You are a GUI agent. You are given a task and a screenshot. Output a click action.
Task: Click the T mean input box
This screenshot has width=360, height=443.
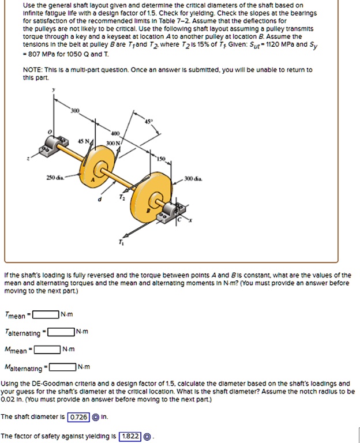click(46, 314)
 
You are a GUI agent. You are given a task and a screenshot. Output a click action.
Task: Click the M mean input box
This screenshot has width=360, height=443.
click(47, 349)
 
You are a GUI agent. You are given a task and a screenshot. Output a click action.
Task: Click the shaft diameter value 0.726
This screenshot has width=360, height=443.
click(78, 416)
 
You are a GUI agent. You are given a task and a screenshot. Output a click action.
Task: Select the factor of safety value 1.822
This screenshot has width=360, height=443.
click(130, 436)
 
